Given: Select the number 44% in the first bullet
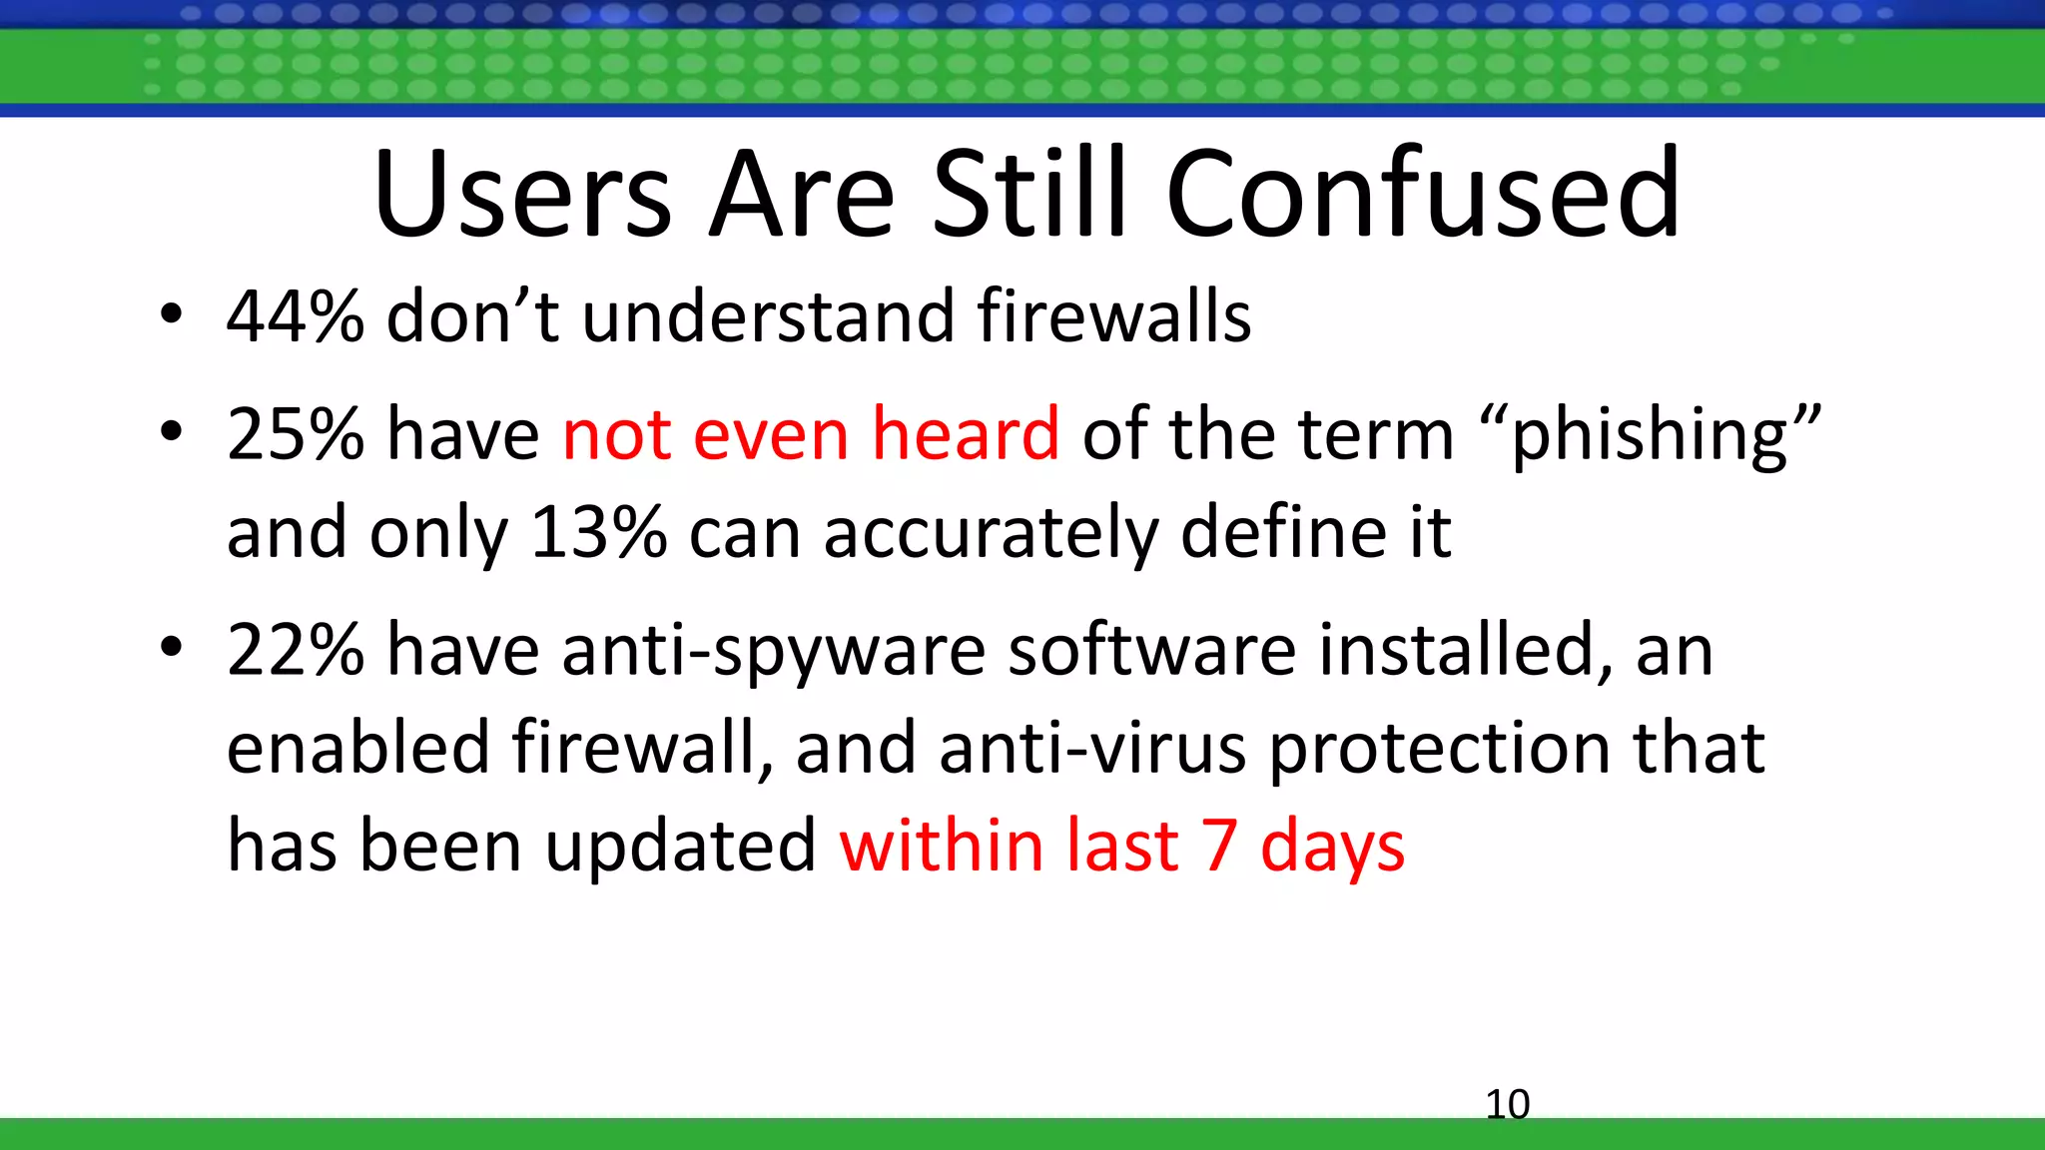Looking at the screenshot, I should (x=296, y=316).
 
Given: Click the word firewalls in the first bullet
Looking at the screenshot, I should (x=1113, y=316).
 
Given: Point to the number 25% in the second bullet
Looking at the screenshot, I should (x=296, y=435).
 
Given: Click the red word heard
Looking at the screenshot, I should (x=965, y=435).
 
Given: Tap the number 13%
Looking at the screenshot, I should (x=598, y=532).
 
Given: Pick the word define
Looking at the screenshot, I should (x=1282, y=532).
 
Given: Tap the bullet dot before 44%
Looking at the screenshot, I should (x=171, y=315).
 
